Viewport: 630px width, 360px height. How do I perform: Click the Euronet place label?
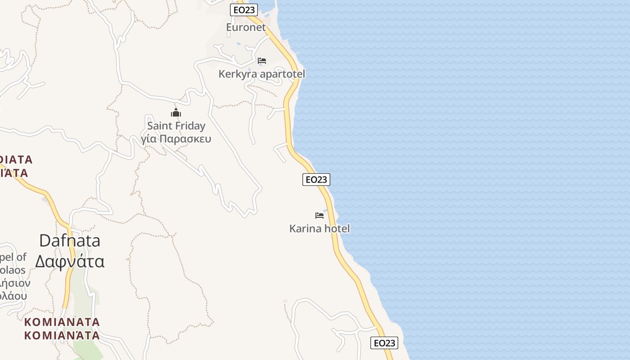click(x=246, y=27)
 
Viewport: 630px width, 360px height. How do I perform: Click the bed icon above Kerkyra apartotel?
click(x=262, y=60)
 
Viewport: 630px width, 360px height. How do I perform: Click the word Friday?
click(x=190, y=126)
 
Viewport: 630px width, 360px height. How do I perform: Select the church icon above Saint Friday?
click(x=176, y=112)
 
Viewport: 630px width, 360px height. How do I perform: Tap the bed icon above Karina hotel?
click(x=319, y=215)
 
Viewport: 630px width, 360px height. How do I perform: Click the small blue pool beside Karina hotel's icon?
click(x=325, y=211)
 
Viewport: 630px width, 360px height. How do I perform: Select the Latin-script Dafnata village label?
click(x=70, y=241)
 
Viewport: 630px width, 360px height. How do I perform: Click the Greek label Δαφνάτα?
click(x=70, y=261)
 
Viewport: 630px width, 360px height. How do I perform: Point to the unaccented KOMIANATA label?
click(x=62, y=322)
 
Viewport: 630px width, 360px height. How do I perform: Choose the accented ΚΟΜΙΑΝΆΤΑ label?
click(x=62, y=336)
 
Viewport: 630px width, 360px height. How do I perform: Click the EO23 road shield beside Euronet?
click(x=244, y=10)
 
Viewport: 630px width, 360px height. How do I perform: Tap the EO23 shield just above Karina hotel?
click(x=316, y=180)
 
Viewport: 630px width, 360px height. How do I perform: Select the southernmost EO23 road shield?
click(x=384, y=343)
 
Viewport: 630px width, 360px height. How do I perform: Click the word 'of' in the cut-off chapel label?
click(x=21, y=257)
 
